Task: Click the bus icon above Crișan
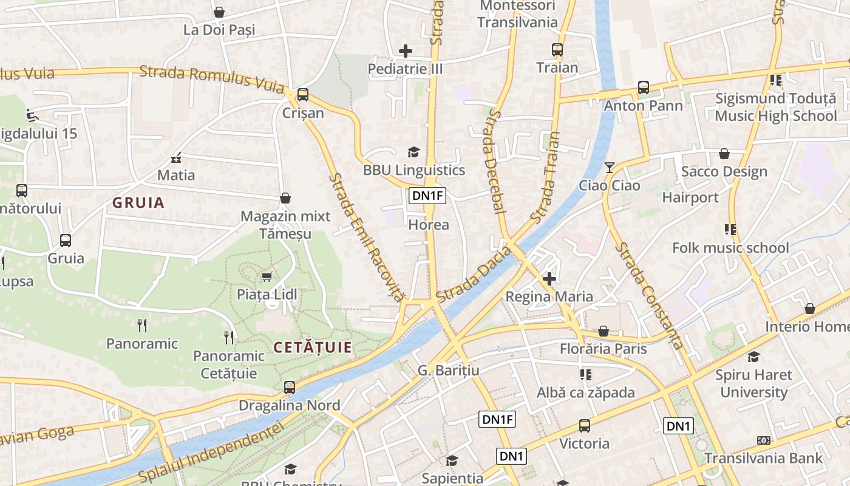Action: point(302,95)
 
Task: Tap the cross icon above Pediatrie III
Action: point(406,51)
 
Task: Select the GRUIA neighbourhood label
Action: point(138,203)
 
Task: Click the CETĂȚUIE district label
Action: point(313,347)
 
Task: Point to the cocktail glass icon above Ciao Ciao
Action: point(610,167)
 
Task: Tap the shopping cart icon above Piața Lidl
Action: point(266,277)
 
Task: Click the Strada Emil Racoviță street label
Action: point(366,238)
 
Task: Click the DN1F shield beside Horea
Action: point(427,196)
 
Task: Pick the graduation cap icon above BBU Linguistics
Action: point(413,152)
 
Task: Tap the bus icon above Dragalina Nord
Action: point(290,387)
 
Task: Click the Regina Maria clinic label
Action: point(549,296)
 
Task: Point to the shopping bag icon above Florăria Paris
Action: point(603,331)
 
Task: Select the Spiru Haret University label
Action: point(753,383)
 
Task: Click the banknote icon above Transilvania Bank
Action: point(764,440)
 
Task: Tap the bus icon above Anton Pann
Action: point(644,87)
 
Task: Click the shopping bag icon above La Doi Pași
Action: point(219,12)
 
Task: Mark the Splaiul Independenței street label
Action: point(211,453)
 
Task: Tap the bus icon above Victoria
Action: point(584,426)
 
